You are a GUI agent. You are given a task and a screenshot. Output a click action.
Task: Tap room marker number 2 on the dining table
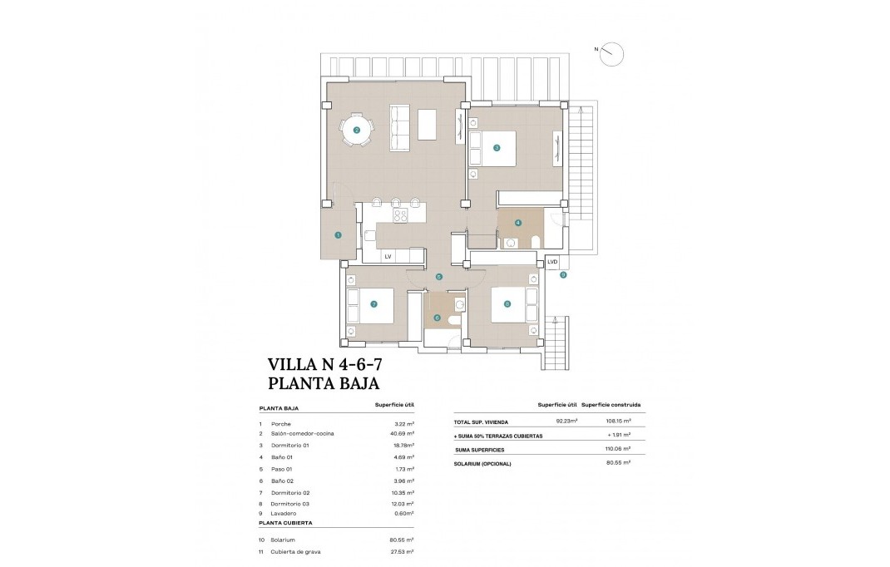356,130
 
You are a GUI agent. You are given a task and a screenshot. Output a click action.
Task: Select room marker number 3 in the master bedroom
497,148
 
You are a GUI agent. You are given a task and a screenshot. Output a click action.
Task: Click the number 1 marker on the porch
338,235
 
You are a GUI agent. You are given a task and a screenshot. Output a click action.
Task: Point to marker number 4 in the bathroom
517,222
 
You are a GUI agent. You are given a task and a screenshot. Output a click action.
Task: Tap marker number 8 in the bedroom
507,303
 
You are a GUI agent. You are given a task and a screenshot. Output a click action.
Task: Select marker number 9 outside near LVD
563,275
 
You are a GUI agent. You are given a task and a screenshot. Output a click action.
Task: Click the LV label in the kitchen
388,257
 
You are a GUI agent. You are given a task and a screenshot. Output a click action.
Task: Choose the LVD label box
551,262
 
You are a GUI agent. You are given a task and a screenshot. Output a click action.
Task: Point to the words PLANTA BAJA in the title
324,383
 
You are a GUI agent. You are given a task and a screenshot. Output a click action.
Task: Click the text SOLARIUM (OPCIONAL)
483,463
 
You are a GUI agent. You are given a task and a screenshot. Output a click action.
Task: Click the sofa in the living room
400,129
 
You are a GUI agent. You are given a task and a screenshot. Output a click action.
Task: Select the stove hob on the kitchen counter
399,214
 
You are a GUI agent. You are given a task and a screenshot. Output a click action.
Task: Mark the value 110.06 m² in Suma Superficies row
616,450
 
